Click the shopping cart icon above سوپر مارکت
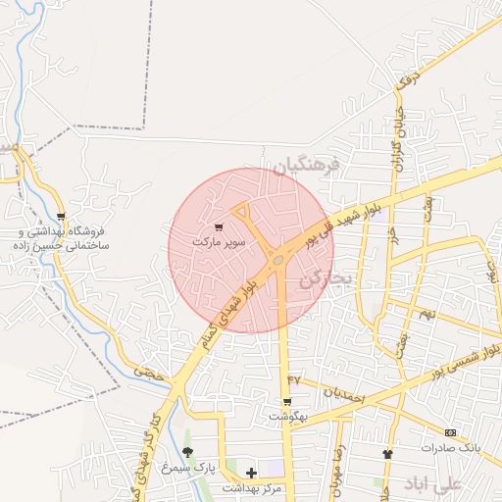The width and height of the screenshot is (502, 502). (x=218, y=227)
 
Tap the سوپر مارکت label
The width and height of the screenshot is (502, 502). (x=219, y=240)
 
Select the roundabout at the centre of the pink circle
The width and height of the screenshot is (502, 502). (x=278, y=260)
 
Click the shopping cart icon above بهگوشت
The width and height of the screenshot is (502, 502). (x=286, y=402)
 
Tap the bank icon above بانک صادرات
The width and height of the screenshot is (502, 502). (x=450, y=433)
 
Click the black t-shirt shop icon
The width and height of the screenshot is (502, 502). (x=387, y=455)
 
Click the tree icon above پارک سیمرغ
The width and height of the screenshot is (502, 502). (x=187, y=452)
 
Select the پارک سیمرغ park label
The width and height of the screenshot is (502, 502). (x=189, y=467)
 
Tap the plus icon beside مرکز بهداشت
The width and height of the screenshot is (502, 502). (x=253, y=474)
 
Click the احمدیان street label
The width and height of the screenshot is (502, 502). (x=344, y=393)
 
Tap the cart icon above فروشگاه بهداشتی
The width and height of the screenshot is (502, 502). (x=62, y=218)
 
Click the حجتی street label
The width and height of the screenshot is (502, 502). (x=149, y=373)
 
